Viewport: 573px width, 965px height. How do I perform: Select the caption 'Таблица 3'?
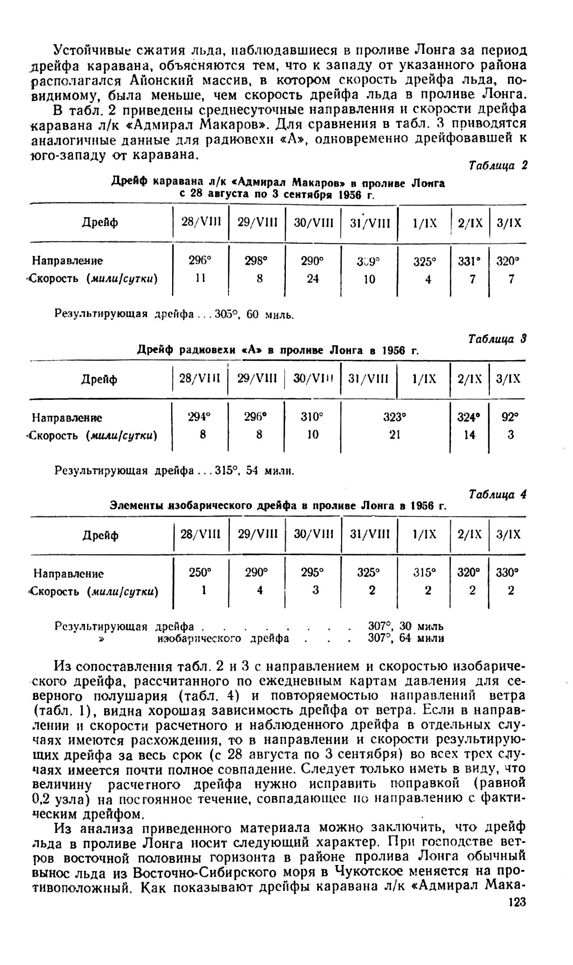[x=497, y=339]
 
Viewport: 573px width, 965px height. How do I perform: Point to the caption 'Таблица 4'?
[x=497, y=495]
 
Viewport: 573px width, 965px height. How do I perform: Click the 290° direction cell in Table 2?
[x=313, y=261]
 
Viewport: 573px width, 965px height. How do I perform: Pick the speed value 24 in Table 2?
[x=313, y=279]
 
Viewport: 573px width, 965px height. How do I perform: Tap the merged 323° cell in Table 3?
[x=395, y=417]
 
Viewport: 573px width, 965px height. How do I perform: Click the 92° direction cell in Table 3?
[x=510, y=417]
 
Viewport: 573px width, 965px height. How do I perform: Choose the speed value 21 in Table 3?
[x=395, y=435]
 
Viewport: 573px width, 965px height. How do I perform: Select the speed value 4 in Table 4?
[x=260, y=591]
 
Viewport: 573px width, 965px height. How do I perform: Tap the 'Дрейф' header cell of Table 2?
[x=100, y=223]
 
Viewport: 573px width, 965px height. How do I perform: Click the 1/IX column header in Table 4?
[x=425, y=534]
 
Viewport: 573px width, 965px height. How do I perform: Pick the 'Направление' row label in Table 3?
[x=67, y=418]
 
